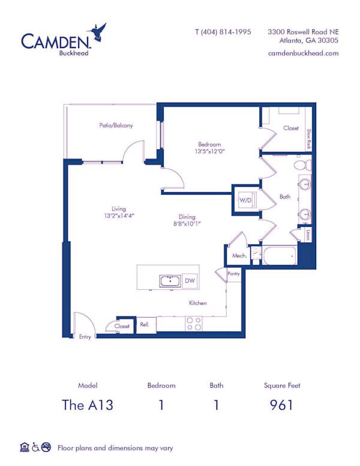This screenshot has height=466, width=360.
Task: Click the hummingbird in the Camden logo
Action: pos(97,32)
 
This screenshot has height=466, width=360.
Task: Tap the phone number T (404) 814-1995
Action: pos(223,32)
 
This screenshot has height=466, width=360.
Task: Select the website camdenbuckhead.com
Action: pos(303,53)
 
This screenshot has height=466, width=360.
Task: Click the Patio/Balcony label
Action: pos(116,126)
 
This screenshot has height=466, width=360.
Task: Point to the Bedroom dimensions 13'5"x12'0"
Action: pos(210,151)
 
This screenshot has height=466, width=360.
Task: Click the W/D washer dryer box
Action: pos(245,200)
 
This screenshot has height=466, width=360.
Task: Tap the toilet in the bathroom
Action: pos(303,165)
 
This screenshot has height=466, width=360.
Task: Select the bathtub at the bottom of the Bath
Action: pos(280,255)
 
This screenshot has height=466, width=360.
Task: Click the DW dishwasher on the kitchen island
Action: pos(190,280)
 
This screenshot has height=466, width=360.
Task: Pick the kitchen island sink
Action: pos(170,281)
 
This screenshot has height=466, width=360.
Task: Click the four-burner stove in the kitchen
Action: pos(194,324)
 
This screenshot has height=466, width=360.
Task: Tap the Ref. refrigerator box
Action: pos(145,325)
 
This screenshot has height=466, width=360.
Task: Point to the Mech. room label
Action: pos(239,256)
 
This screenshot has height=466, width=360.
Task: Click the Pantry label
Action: pos(233,274)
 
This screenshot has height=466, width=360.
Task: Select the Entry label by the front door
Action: pos(85,337)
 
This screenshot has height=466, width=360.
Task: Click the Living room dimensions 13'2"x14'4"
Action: pos(119,216)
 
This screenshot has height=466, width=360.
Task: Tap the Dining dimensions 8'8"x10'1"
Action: pos(187,223)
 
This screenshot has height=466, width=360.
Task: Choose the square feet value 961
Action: pos(281,405)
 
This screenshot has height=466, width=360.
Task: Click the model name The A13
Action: pos(88,405)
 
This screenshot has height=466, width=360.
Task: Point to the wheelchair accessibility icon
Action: pos(35,447)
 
